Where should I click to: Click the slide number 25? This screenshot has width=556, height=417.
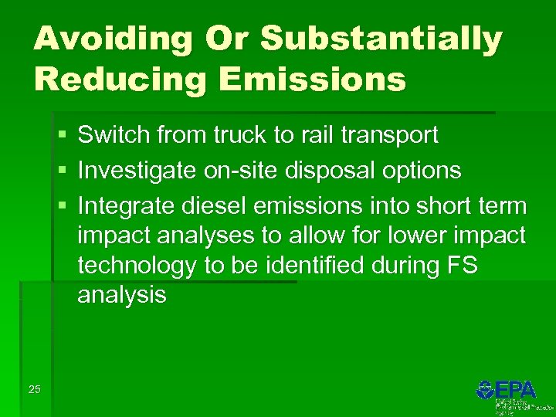point(35,389)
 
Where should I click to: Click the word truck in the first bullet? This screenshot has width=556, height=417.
point(236,136)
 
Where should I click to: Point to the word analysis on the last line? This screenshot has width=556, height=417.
point(121,295)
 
